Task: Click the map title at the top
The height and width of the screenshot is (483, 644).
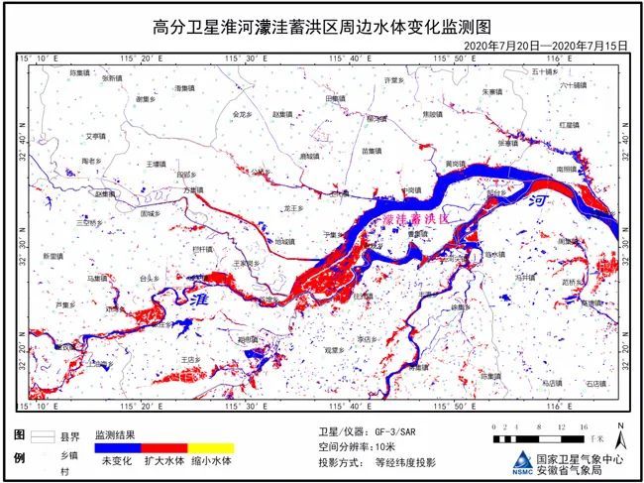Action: point(322,24)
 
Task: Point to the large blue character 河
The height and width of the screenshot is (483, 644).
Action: point(539,200)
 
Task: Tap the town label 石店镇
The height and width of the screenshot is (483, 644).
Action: point(594,381)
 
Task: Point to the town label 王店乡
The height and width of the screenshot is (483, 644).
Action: point(191,359)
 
